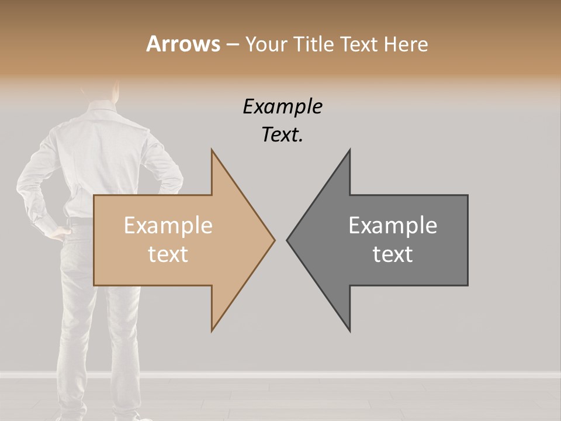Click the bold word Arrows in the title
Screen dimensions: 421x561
point(183,44)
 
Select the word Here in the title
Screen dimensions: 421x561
point(406,44)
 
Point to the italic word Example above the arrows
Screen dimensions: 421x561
point(282,107)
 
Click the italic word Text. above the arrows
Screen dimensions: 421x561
point(282,134)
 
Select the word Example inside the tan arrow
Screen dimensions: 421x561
point(168,225)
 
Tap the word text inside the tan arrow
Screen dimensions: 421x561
point(168,254)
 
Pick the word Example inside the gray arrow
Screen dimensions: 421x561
point(393,225)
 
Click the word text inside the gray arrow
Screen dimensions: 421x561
point(393,254)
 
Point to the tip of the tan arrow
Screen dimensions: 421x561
point(274,239)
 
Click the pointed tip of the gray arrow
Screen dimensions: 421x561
point(288,239)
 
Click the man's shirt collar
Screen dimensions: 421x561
point(99,106)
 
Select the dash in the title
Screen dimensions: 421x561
point(233,44)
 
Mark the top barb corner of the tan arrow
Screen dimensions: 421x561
point(212,150)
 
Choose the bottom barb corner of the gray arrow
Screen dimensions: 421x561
point(349,331)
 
